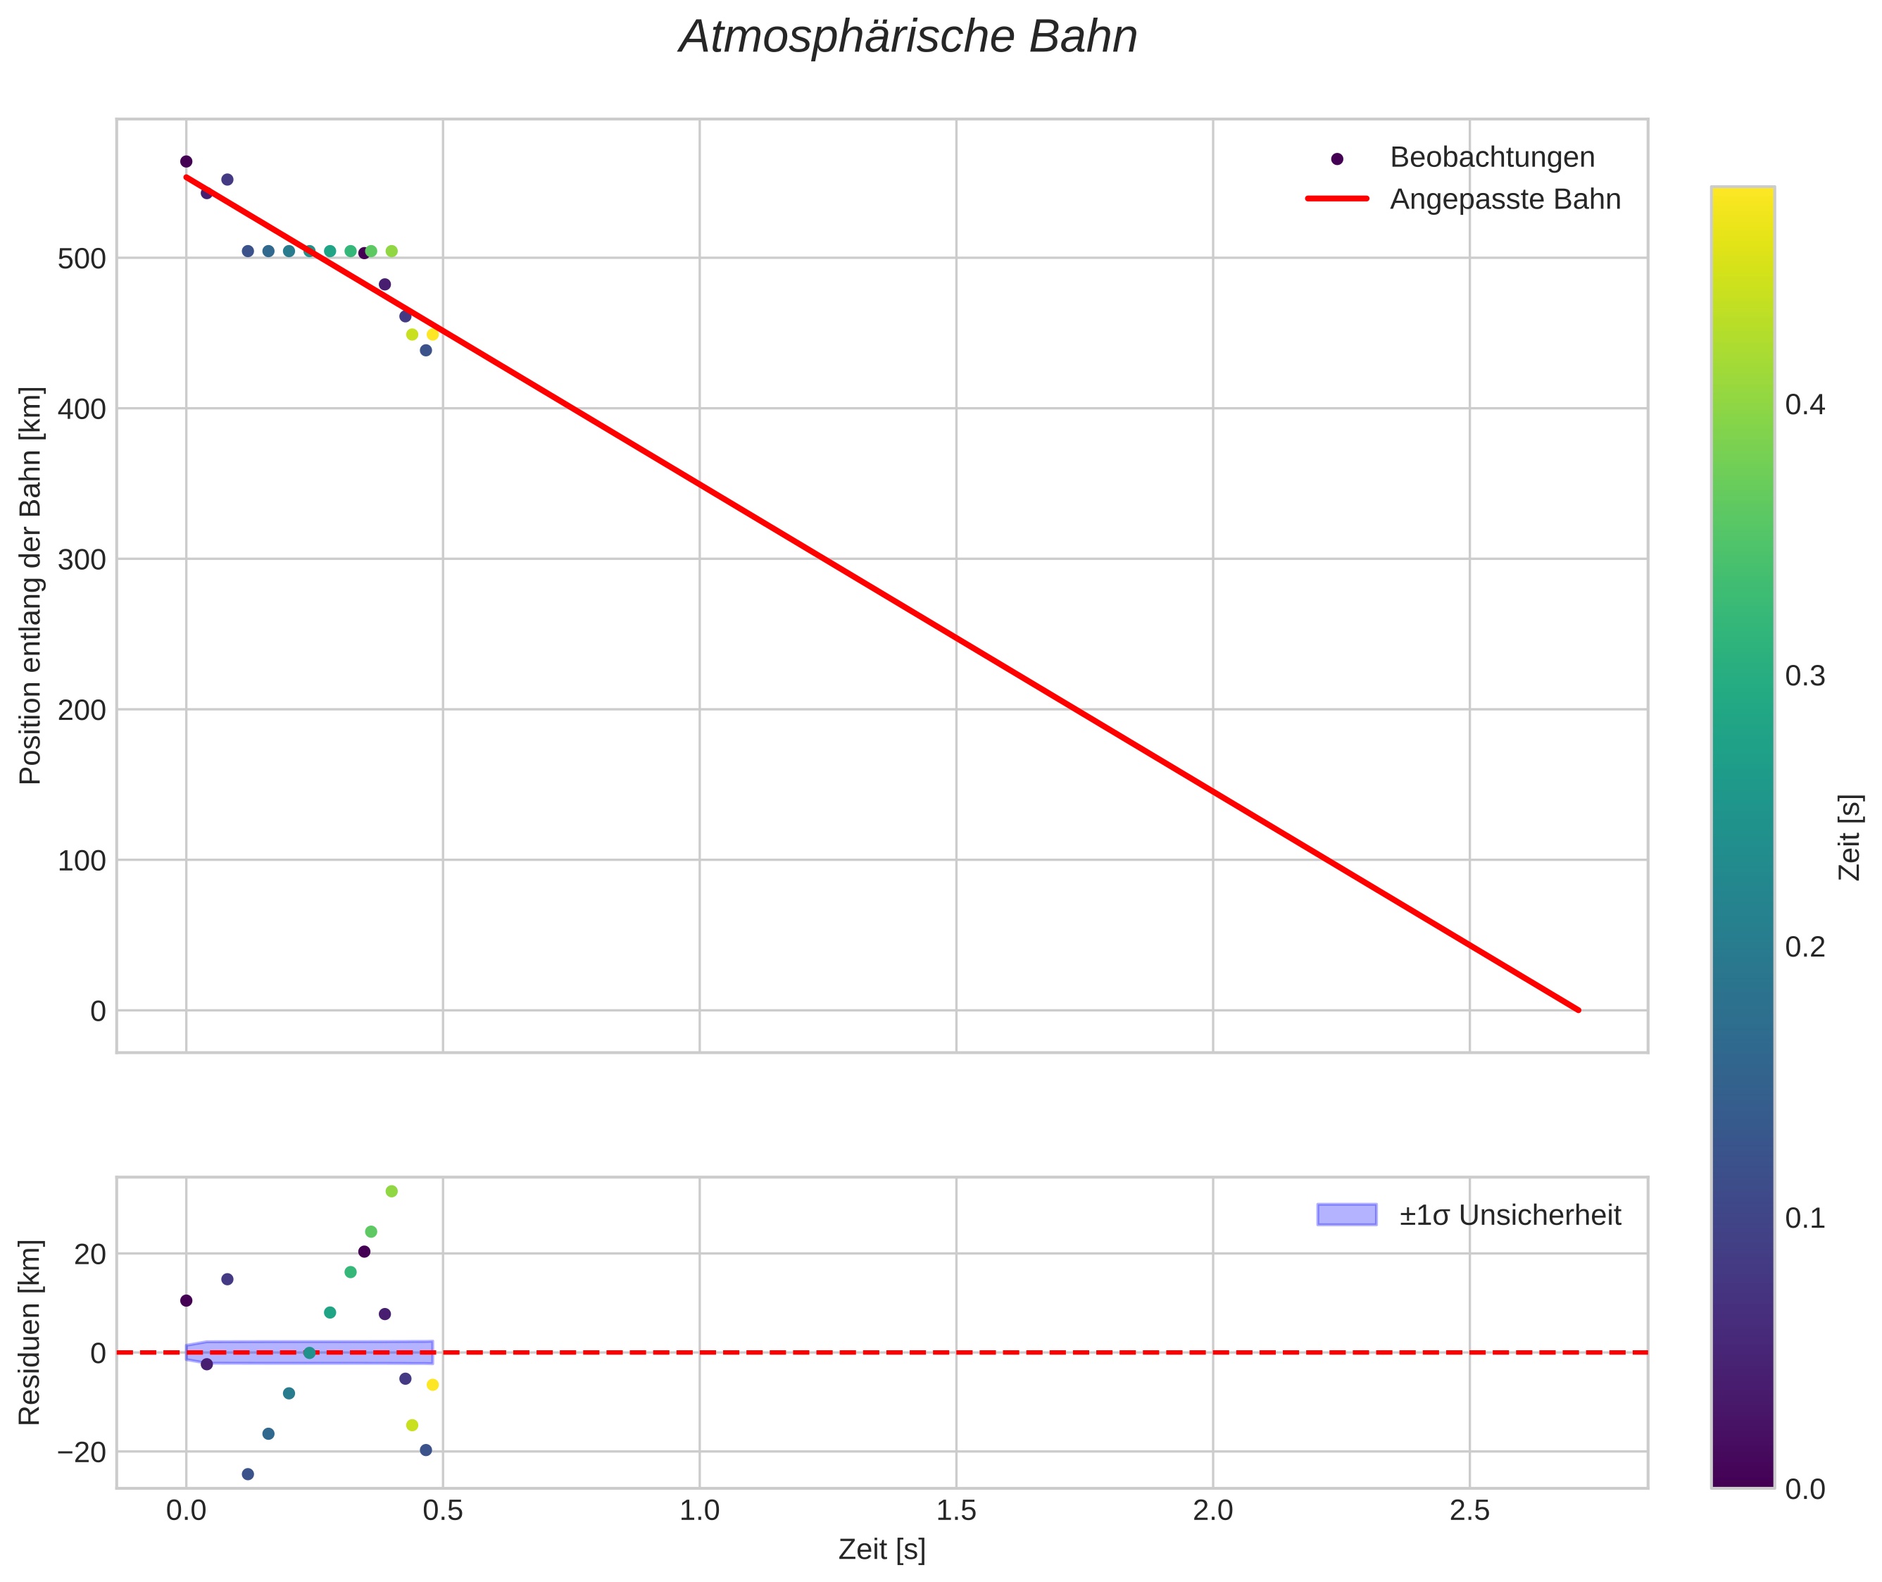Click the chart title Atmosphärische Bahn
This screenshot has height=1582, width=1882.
(x=908, y=37)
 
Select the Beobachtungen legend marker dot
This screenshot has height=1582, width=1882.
(x=1337, y=158)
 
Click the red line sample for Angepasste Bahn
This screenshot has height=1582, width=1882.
(x=1337, y=199)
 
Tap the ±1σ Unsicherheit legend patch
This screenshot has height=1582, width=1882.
(x=1345, y=1215)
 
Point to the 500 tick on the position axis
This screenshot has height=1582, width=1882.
(x=82, y=259)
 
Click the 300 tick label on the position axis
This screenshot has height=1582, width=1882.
(x=82, y=561)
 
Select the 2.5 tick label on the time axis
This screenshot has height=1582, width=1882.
(x=1469, y=1511)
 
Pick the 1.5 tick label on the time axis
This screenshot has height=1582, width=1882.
(x=956, y=1511)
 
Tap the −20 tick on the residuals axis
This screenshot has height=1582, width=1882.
(x=81, y=1452)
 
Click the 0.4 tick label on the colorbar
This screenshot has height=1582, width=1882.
(x=1805, y=406)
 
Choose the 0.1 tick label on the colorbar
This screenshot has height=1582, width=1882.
(x=1805, y=1219)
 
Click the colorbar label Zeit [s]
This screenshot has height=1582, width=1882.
(x=1850, y=837)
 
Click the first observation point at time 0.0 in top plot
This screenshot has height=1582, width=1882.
(x=187, y=161)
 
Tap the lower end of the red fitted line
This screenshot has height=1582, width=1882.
(x=1578, y=1010)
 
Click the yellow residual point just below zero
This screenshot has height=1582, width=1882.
(x=433, y=1385)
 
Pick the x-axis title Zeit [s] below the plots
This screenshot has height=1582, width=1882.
(x=882, y=1550)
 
